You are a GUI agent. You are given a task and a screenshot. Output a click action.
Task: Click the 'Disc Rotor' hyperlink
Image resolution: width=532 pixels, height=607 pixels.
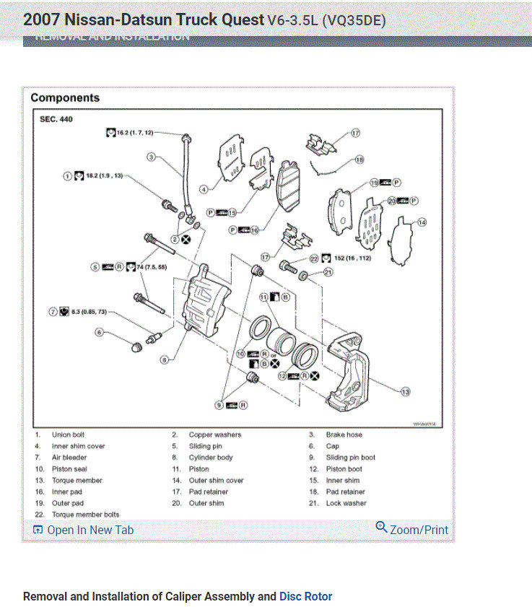pyautogui.click(x=306, y=596)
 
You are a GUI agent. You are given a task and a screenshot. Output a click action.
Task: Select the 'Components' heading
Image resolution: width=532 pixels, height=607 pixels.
pyautogui.click(x=65, y=97)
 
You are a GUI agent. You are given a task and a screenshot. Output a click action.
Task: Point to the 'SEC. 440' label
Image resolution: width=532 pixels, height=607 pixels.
pyautogui.click(x=56, y=119)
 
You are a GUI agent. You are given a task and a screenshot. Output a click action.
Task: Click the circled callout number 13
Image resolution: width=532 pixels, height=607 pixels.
pyautogui.click(x=405, y=390)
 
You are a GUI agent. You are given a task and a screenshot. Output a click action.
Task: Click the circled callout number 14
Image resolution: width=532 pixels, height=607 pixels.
pyautogui.click(x=422, y=222)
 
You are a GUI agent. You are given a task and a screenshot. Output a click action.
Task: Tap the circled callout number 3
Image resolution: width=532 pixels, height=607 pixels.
pyautogui.click(x=152, y=157)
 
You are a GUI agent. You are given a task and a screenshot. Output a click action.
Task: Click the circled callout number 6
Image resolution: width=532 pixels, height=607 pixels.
pyautogui.click(x=100, y=332)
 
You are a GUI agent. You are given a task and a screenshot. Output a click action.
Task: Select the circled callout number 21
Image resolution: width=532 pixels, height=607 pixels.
pyautogui.click(x=328, y=273)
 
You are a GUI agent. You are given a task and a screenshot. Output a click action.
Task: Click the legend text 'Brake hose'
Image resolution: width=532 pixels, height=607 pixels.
pyautogui.click(x=344, y=434)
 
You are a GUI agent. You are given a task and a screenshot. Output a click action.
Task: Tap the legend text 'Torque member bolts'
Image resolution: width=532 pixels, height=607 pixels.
pyautogui.click(x=85, y=514)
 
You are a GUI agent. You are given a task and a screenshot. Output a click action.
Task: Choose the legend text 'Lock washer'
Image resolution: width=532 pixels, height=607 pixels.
pyautogui.click(x=346, y=503)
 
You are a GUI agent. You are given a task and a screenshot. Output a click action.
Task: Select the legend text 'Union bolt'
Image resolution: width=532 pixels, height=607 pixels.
pyautogui.click(x=68, y=434)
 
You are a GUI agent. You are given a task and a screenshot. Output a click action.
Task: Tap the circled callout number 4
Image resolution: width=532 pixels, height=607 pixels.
pyautogui.click(x=204, y=189)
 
